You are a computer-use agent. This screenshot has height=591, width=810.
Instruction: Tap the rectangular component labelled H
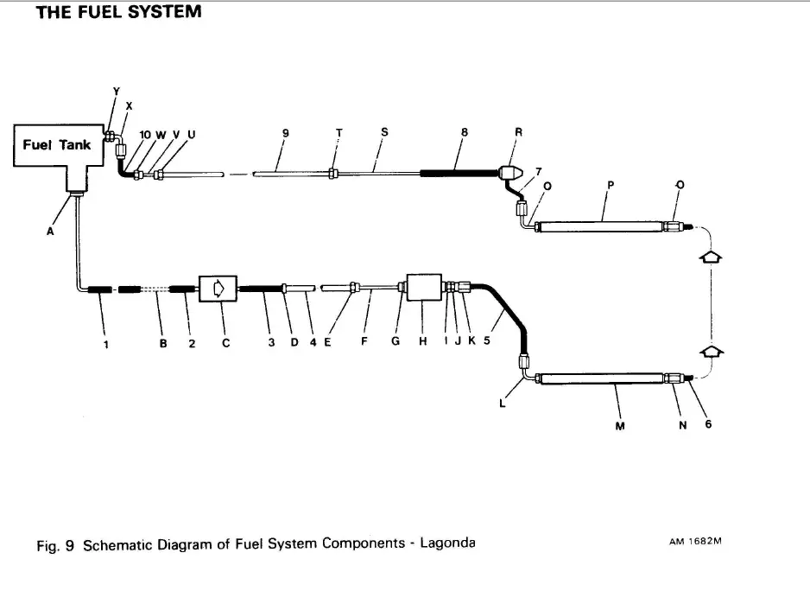423,289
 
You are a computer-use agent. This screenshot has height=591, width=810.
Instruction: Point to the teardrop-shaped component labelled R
514,173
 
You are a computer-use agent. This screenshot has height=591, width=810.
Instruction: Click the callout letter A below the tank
50,231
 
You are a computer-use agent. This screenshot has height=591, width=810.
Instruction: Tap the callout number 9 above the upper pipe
285,133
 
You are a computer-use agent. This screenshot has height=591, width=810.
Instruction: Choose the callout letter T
339,133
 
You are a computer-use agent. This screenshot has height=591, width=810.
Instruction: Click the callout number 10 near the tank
144,134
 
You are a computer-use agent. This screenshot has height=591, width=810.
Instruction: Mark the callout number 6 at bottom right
708,423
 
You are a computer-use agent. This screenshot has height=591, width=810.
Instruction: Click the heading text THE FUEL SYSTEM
118,13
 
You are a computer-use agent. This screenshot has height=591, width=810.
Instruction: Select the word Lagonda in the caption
446,543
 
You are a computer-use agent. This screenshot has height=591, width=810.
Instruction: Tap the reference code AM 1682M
695,543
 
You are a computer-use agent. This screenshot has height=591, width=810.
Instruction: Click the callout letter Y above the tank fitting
117,91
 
